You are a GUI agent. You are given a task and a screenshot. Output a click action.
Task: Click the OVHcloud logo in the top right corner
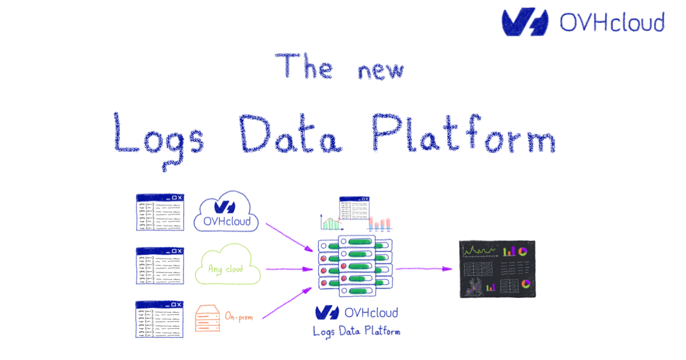(x=583, y=22)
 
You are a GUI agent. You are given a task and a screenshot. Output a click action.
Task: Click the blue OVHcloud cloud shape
(x=227, y=212)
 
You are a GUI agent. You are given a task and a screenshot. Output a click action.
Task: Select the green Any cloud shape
(x=227, y=267)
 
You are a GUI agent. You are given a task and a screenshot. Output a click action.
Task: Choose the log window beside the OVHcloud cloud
(x=160, y=212)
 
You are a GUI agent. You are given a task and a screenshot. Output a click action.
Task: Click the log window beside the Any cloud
(x=160, y=266)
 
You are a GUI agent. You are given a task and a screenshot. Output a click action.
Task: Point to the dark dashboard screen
(x=498, y=268)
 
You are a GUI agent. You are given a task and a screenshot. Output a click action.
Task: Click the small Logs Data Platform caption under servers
(x=356, y=331)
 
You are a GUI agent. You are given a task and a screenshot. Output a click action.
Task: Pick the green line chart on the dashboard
(x=480, y=251)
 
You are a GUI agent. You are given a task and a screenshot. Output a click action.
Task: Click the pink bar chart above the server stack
(x=380, y=223)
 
